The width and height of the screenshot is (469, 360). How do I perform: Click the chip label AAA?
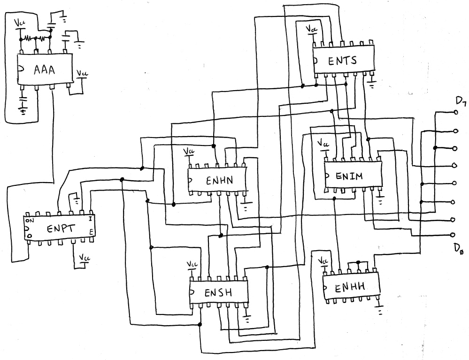[44, 69]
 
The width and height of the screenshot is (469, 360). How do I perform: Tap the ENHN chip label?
[219, 181]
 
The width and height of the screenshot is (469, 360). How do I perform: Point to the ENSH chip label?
[218, 292]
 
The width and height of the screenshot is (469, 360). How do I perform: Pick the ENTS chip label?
[342, 61]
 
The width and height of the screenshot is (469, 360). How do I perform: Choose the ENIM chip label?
[349, 176]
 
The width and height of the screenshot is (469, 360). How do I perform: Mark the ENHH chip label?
[350, 288]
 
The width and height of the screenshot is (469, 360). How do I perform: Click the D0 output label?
[458, 249]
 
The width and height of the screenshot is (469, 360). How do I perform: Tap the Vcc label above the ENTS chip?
[311, 29]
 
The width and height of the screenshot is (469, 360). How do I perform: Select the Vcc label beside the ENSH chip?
[192, 264]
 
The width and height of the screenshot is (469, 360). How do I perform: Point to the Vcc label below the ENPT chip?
[85, 257]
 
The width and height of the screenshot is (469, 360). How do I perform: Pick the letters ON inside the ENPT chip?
[30, 221]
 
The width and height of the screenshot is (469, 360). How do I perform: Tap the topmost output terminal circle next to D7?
[456, 113]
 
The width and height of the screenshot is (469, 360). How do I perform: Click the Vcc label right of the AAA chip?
[82, 73]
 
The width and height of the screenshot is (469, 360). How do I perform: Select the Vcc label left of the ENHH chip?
[323, 260]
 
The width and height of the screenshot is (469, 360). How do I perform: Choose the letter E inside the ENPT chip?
[91, 232]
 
